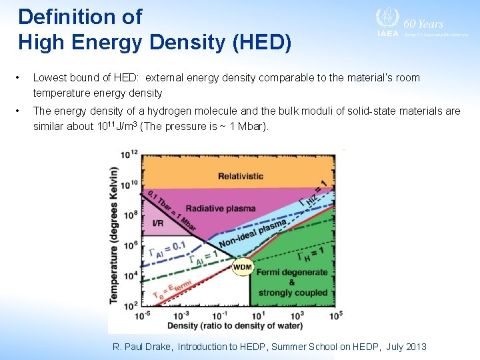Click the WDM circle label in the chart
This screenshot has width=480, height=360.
243,267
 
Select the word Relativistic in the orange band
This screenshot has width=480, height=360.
240,176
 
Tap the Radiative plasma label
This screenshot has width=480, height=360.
221,208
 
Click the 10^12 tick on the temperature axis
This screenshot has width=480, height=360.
129,155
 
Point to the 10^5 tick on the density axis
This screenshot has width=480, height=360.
335,314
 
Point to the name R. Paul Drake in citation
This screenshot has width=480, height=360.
143,347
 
